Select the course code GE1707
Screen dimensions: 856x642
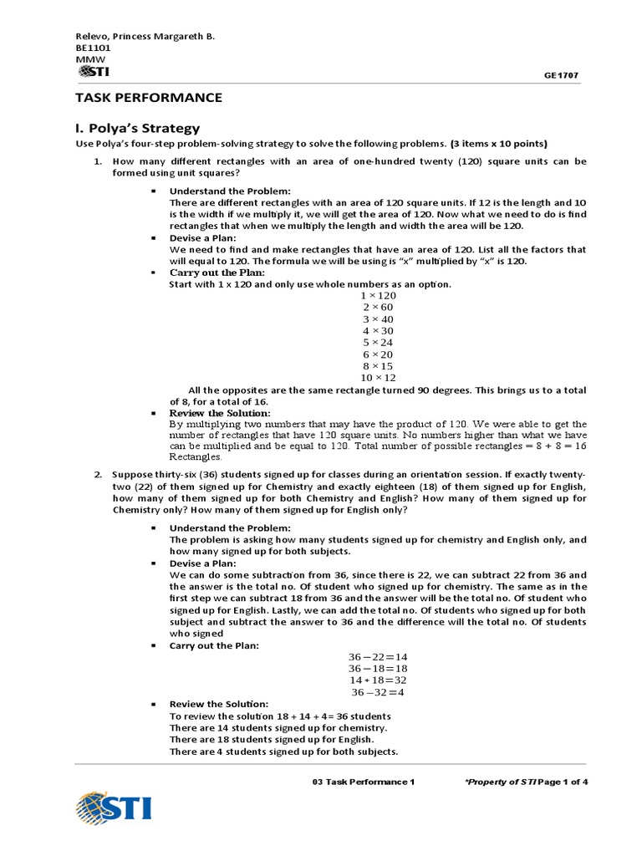(x=561, y=75)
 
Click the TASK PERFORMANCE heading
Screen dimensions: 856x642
(x=149, y=98)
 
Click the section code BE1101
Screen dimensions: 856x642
(x=92, y=48)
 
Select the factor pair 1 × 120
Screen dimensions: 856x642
(x=378, y=296)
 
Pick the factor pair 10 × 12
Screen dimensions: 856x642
(x=378, y=377)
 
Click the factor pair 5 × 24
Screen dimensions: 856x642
(x=378, y=343)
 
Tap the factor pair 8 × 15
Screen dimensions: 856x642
(x=378, y=365)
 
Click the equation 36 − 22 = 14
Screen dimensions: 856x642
(x=378, y=657)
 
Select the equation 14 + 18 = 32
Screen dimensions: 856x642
(x=378, y=680)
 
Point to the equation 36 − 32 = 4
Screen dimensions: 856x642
(x=378, y=691)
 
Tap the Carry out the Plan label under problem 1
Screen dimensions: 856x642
(x=217, y=273)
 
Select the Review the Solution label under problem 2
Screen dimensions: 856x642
(x=219, y=705)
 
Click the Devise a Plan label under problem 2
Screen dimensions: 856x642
(x=203, y=563)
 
